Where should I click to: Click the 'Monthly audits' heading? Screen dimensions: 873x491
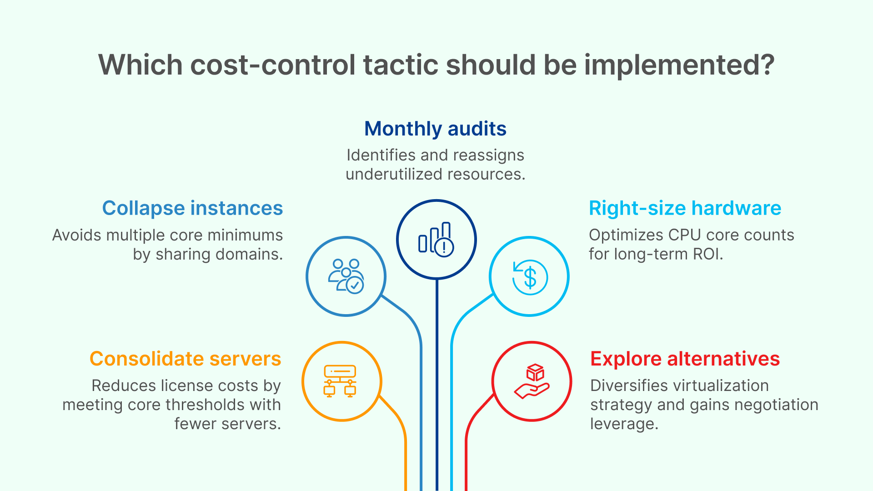coord(435,129)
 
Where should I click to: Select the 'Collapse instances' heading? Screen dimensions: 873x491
coord(192,208)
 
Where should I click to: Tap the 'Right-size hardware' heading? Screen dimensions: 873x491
coord(685,208)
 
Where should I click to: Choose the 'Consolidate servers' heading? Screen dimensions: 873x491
coord(186,359)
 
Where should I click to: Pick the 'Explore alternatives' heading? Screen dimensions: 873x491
coord(685,359)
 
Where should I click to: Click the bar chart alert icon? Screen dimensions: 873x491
coord(436,240)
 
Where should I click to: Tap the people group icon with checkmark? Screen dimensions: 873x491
coord(346,276)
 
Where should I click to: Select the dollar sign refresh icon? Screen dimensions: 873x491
coord(529,277)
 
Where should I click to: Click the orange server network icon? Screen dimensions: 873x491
coord(340,381)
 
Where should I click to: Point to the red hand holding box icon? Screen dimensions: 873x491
coord(532,381)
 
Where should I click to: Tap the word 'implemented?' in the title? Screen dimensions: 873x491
coord(679,65)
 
